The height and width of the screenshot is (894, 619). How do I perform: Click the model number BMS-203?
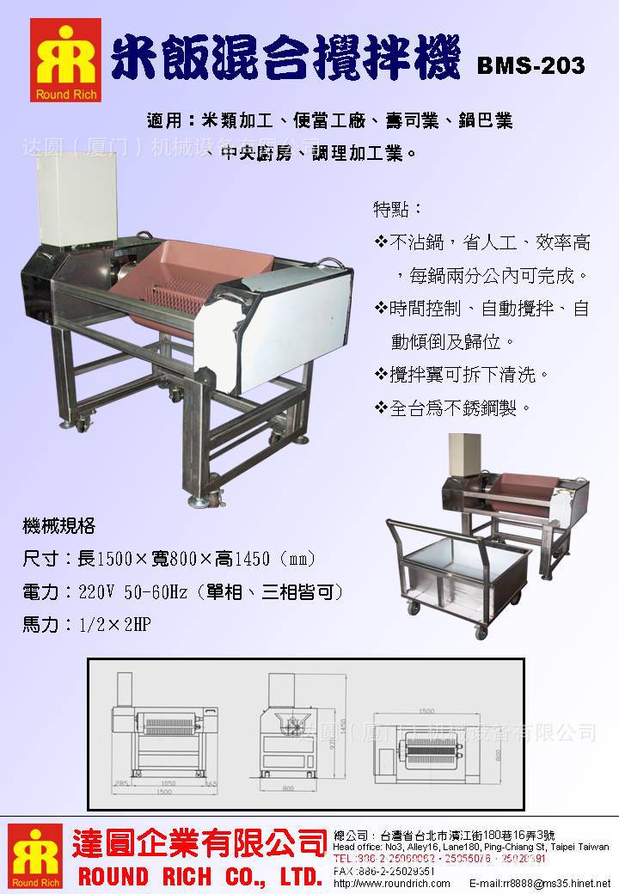pos(530,65)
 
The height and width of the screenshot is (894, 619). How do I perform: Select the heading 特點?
pos(397,209)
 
